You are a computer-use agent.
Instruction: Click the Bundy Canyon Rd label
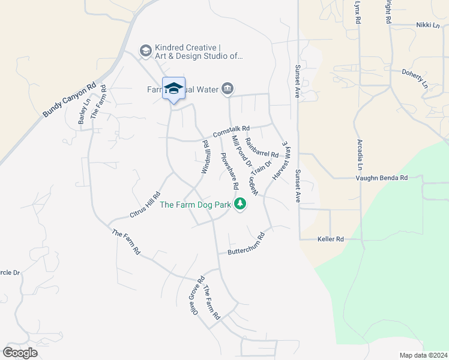point(70,99)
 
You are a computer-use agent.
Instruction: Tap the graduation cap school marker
point(173,89)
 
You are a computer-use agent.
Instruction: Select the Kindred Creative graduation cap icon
point(145,51)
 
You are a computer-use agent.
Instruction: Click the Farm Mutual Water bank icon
point(228,89)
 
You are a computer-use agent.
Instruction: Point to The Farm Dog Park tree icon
point(240,205)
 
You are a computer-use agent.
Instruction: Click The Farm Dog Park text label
point(196,205)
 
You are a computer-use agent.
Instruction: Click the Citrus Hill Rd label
point(145,205)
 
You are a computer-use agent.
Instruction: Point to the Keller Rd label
point(330,239)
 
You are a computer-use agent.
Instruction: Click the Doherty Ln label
point(415,79)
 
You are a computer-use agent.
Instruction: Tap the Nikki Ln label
point(428,25)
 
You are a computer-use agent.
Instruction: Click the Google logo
point(20,353)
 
